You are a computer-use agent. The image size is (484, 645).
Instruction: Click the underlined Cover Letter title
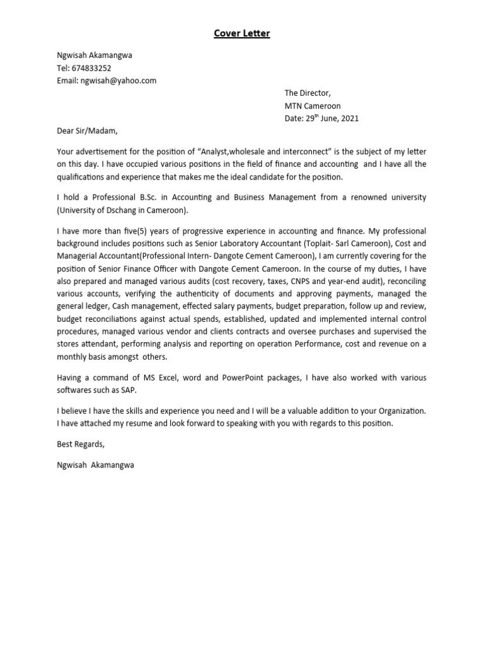(x=241, y=33)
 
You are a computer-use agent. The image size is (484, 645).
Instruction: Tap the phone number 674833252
(x=91, y=68)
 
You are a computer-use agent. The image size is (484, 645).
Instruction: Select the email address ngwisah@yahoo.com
(x=118, y=81)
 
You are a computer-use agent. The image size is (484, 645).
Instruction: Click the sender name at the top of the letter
(x=95, y=55)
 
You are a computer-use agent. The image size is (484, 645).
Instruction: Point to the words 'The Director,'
(x=307, y=93)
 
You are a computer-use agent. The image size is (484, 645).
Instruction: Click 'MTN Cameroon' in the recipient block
(x=313, y=106)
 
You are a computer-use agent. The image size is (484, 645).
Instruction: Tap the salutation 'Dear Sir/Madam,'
(x=87, y=132)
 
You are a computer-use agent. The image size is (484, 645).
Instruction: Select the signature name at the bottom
(x=95, y=465)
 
